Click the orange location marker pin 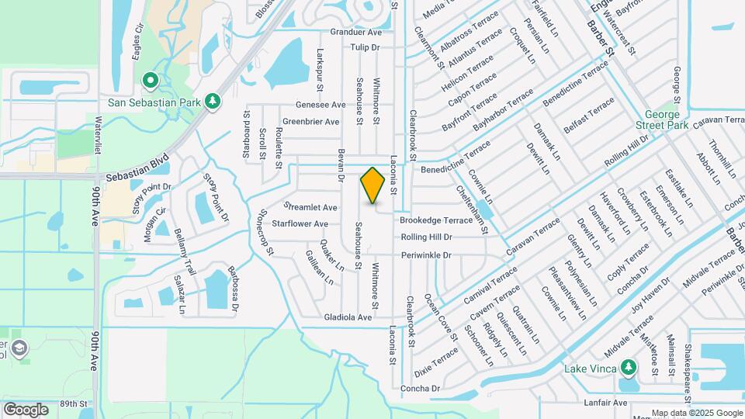click(x=373, y=185)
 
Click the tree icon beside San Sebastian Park click(x=212, y=102)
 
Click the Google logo click(x=26, y=409)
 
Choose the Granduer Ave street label click(x=356, y=33)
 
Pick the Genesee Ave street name click(x=321, y=105)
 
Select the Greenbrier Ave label click(x=311, y=122)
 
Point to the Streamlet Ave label click(x=310, y=207)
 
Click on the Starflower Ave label click(x=300, y=223)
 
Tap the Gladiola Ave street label click(x=348, y=317)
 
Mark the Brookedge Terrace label click(x=435, y=220)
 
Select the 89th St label click(x=75, y=403)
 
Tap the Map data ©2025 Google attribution click(x=696, y=413)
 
